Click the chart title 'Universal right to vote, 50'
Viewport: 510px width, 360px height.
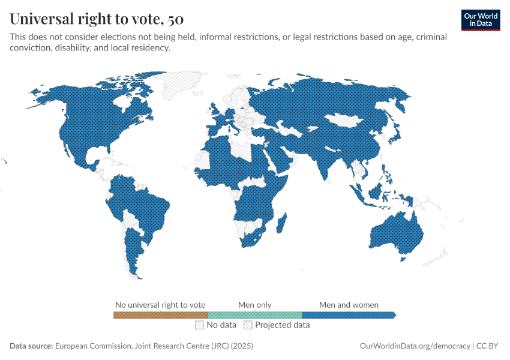click(x=97, y=19)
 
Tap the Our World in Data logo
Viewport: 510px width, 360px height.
click(x=480, y=19)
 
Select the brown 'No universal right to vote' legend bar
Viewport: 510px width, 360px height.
click(x=160, y=315)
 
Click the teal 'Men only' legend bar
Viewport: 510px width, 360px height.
click(x=254, y=315)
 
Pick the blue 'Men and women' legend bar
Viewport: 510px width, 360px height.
click(x=348, y=315)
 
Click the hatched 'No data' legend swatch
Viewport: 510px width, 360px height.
click(x=199, y=325)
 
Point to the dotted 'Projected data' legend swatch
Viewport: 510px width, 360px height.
click(x=248, y=325)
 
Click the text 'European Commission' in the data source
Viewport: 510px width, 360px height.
click(x=93, y=346)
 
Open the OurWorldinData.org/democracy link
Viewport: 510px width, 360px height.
click(x=415, y=346)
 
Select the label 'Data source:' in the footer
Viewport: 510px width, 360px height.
click(x=31, y=346)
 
